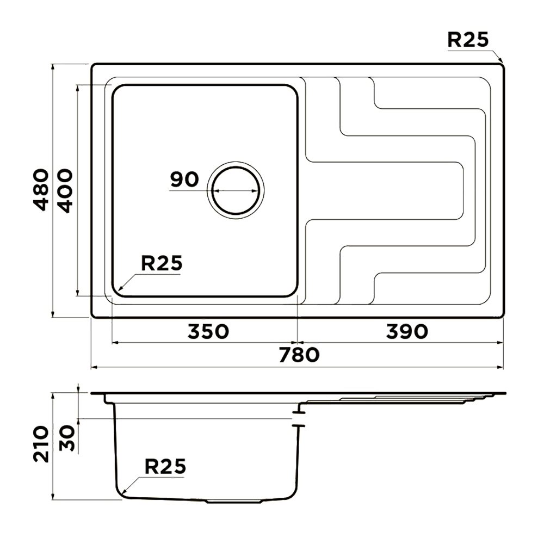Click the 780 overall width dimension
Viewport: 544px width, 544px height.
coord(299,355)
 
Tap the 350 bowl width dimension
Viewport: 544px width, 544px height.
coord(208,331)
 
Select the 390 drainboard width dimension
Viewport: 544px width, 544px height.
coord(407,331)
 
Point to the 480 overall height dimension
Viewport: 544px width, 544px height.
coord(41,190)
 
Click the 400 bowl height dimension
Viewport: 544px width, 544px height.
coord(65,190)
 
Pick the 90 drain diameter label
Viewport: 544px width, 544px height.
coord(184,180)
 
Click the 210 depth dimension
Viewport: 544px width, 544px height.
coord(41,444)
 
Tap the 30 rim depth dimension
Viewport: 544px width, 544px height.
coord(67,438)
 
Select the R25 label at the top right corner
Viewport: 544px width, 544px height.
coord(468,39)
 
